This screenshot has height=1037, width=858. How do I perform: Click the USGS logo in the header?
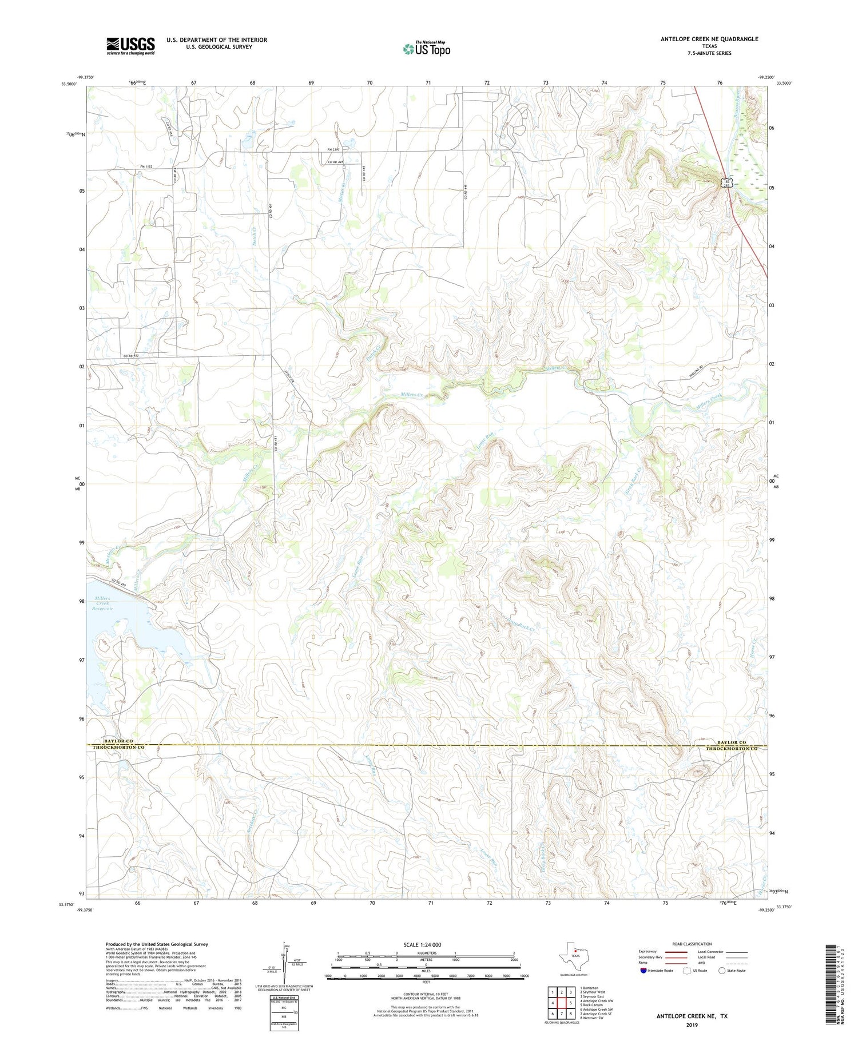tap(130, 46)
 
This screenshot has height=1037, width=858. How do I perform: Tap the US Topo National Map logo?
tap(426, 49)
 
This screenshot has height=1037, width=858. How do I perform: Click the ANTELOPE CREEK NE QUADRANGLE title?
tap(709, 39)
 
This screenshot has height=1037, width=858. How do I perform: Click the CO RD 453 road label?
tap(131, 356)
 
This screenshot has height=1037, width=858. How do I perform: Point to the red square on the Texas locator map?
tap(575, 952)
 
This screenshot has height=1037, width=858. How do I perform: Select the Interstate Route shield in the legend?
tap(644, 970)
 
